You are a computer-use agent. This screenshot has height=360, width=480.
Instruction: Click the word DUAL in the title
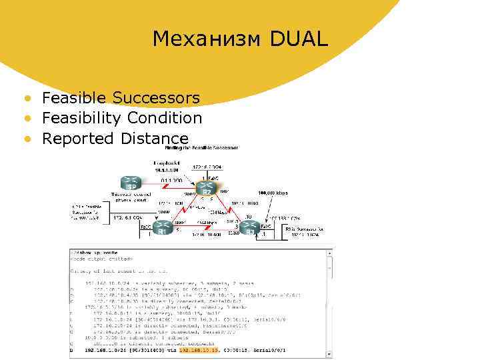coord(299,39)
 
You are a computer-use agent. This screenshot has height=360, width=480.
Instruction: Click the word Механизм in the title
coord(208,39)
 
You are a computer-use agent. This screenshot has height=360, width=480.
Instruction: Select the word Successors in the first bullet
coord(157,99)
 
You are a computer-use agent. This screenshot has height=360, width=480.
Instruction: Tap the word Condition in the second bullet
coord(168,119)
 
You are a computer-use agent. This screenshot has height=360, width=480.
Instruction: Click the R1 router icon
coord(162,228)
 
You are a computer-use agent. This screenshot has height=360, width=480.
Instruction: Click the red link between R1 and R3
coord(206,229)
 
